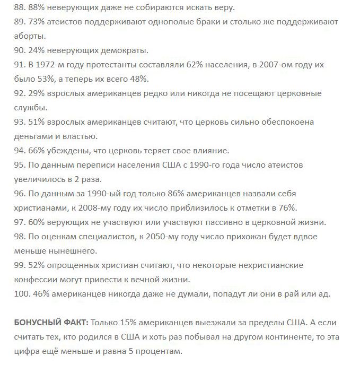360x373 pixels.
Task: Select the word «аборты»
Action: pyautogui.click(x=31, y=36)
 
